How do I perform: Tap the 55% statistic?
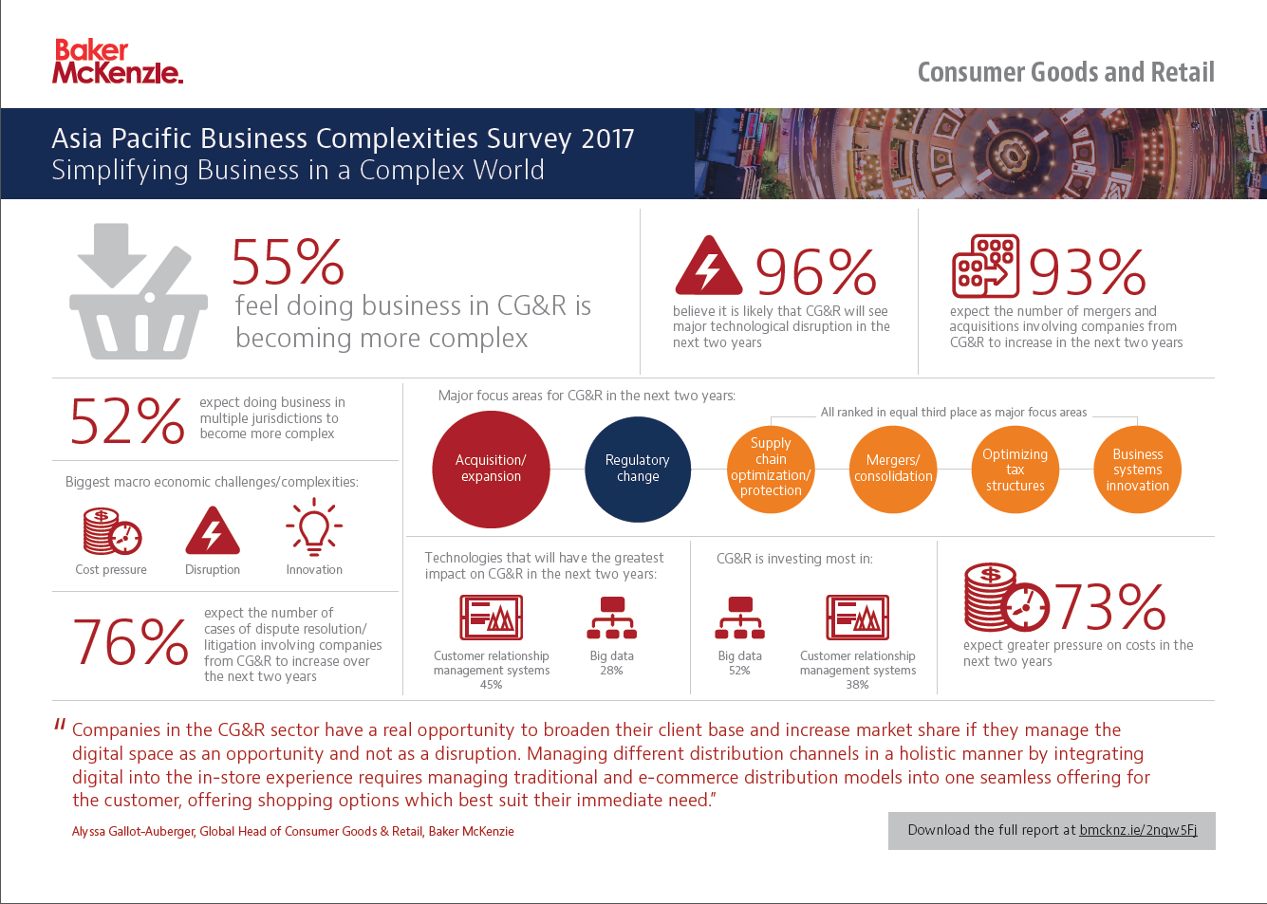(288, 263)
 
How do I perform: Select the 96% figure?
(815, 272)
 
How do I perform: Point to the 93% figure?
(1087, 272)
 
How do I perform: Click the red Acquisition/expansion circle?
(491, 469)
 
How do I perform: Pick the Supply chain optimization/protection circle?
(771, 468)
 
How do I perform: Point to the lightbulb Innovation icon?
(314, 527)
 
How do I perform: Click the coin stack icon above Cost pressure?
(112, 531)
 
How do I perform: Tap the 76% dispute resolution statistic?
(131, 643)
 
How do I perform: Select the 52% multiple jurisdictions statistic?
(127, 420)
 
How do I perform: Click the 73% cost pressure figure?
(1109, 607)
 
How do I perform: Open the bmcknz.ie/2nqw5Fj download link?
(1138, 830)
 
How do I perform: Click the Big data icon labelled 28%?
(612, 618)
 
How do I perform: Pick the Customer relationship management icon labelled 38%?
(857, 618)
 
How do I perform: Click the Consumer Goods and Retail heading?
(1065, 72)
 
